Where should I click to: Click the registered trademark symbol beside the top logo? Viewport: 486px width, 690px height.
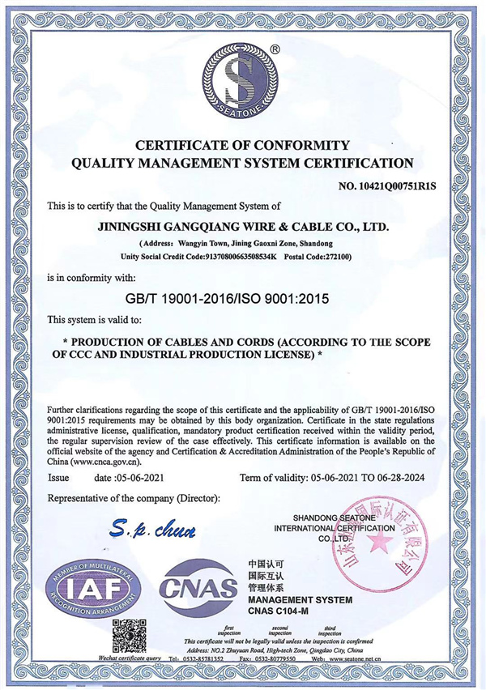(x=275, y=49)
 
